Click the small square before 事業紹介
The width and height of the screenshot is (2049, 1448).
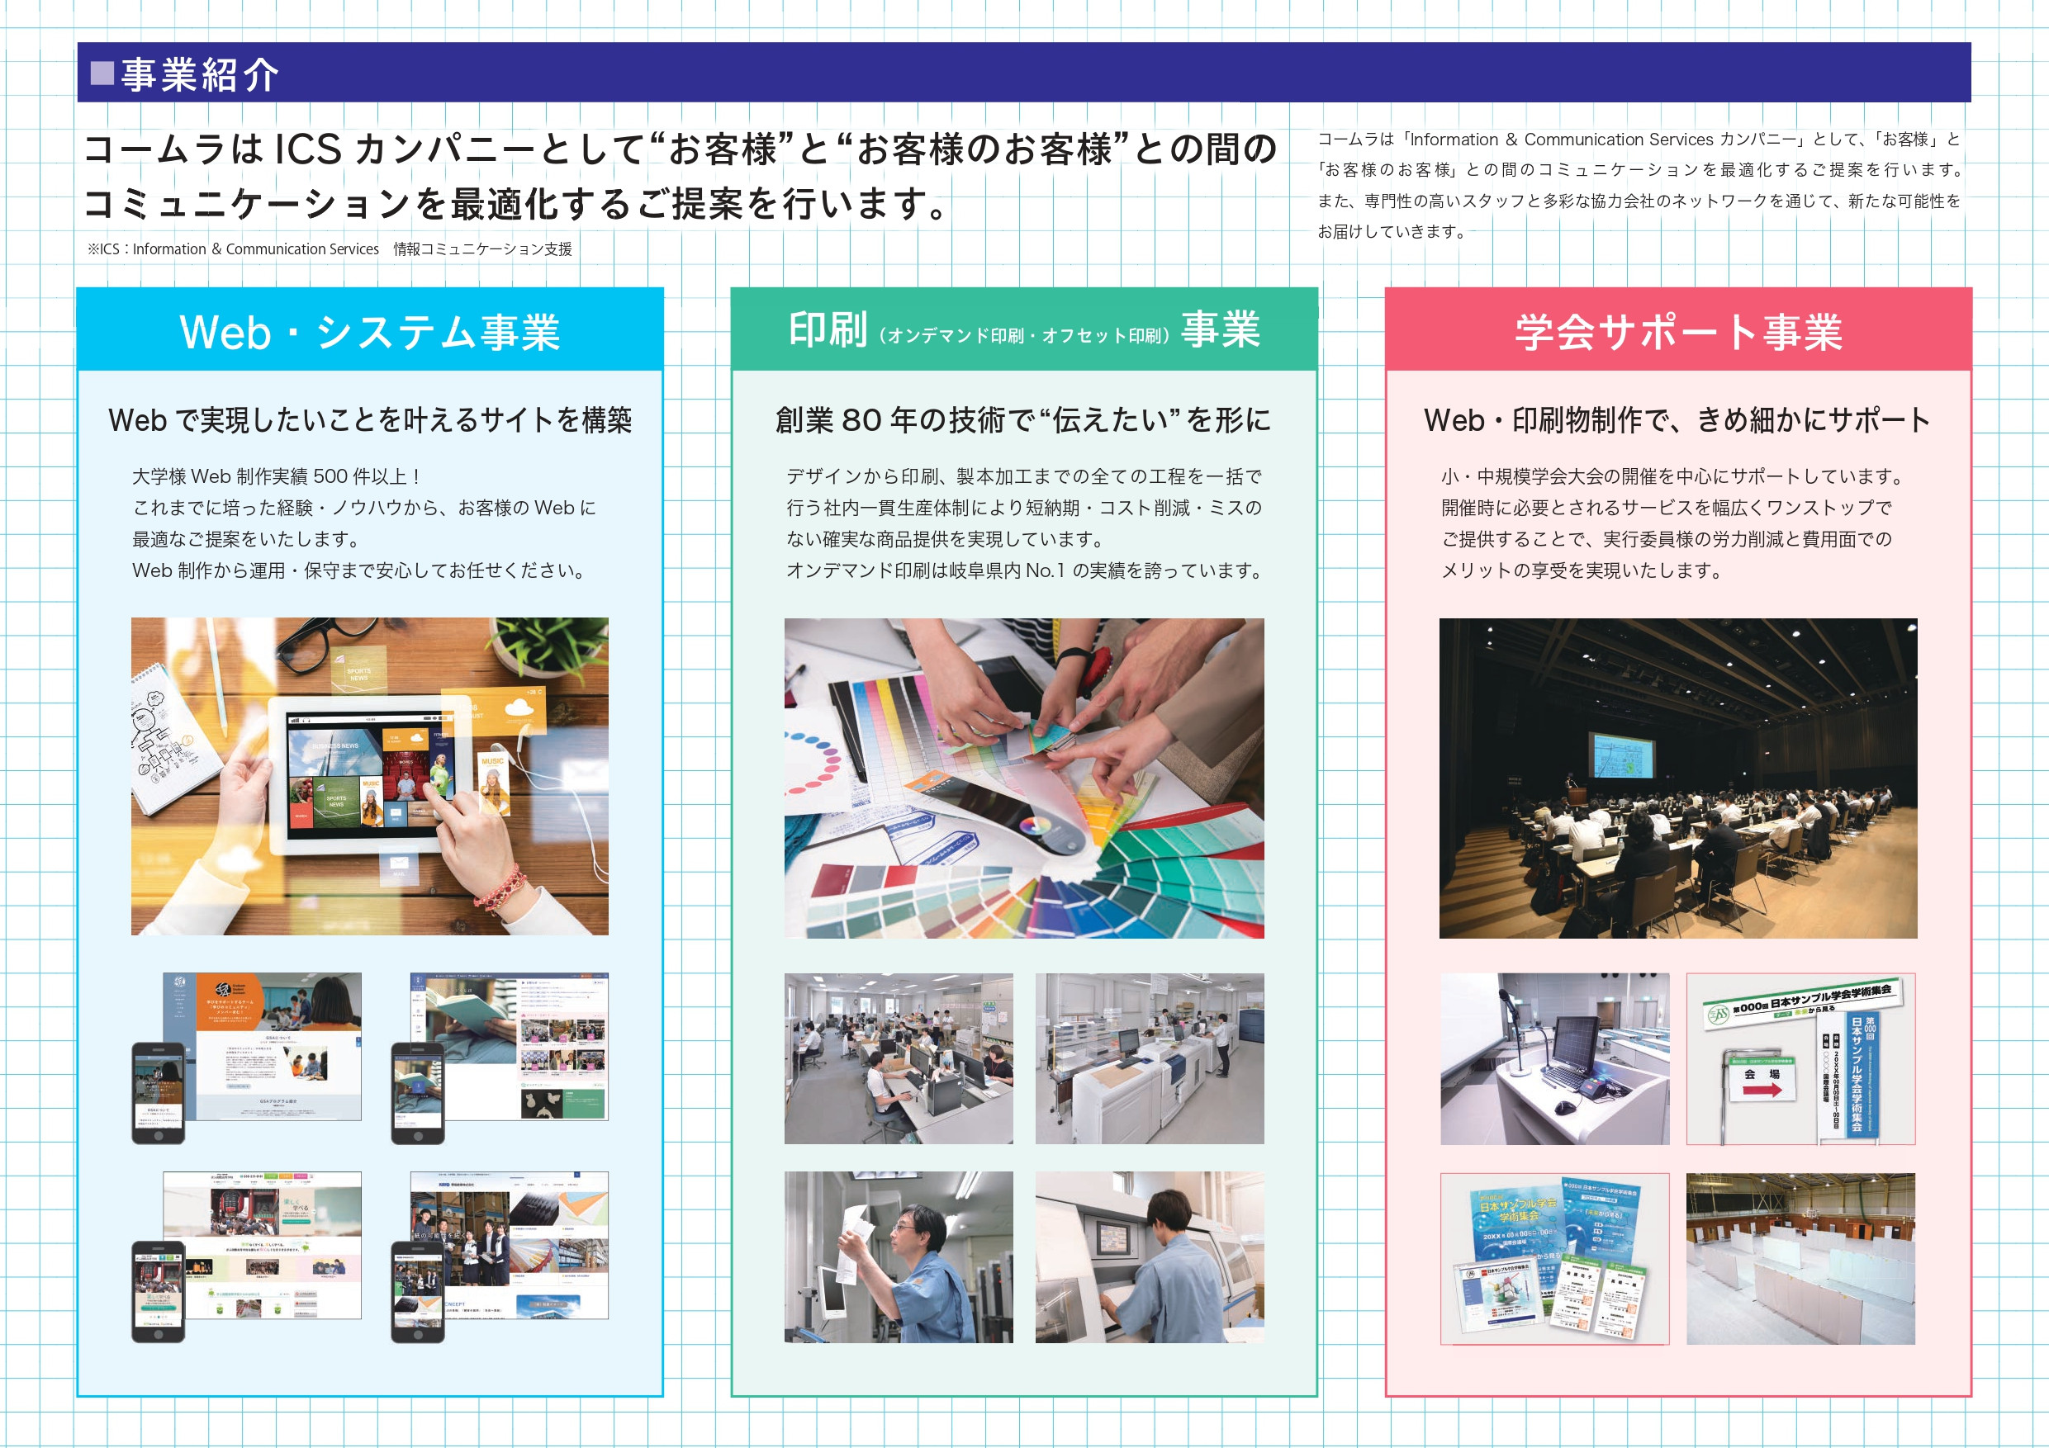(x=102, y=73)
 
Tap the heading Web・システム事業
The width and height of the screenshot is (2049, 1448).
(x=369, y=332)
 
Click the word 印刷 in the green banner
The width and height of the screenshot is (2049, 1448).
(x=828, y=329)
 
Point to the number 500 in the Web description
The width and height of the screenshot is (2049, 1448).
(x=330, y=476)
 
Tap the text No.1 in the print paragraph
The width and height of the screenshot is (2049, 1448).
(x=1044, y=570)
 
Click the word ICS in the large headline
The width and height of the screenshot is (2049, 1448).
(x=309, y=149)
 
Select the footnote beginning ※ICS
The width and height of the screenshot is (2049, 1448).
(x=330, y=249)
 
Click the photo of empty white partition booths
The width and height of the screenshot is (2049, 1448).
(x=1800, y=1258)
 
